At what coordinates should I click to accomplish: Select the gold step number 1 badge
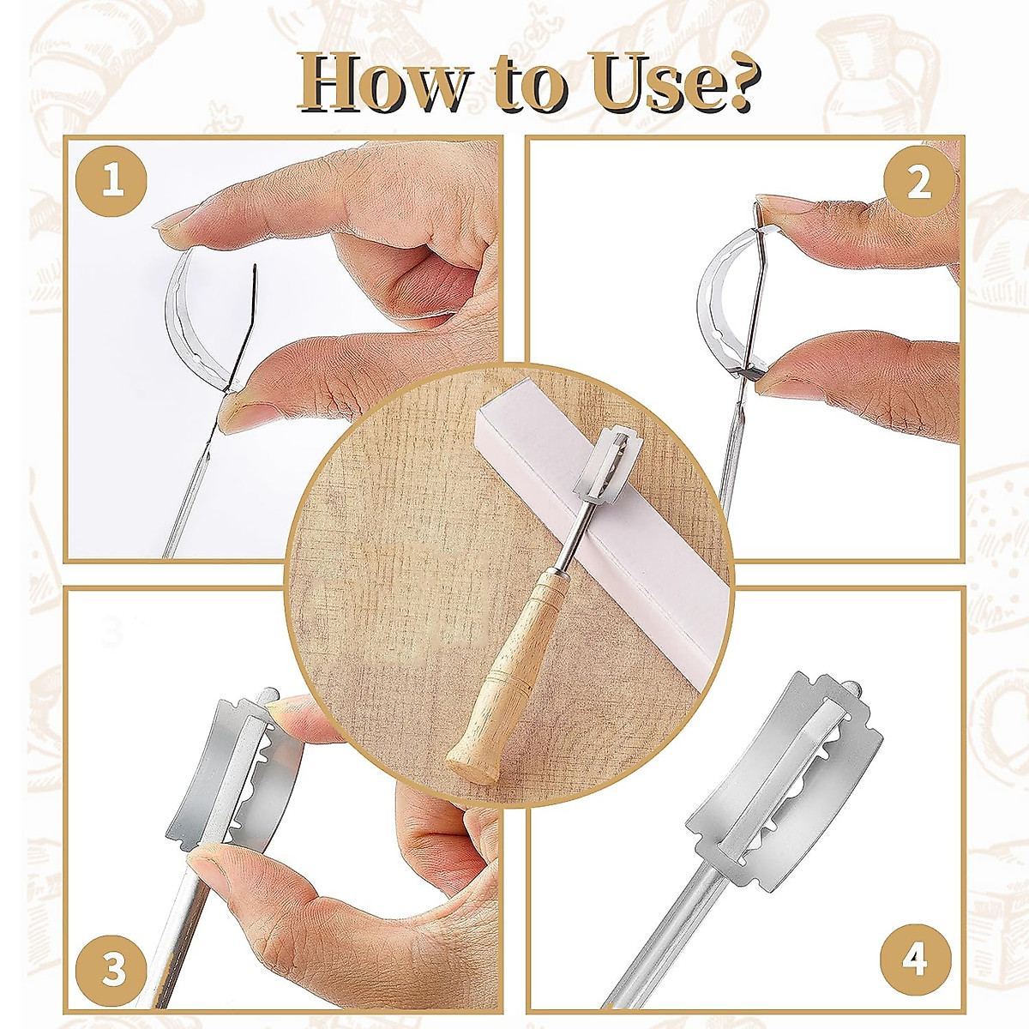pos(111,182)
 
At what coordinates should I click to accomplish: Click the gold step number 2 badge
pos(918,182)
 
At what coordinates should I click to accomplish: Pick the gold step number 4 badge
pos(915,958)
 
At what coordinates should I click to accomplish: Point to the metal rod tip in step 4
pos(855,689)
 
